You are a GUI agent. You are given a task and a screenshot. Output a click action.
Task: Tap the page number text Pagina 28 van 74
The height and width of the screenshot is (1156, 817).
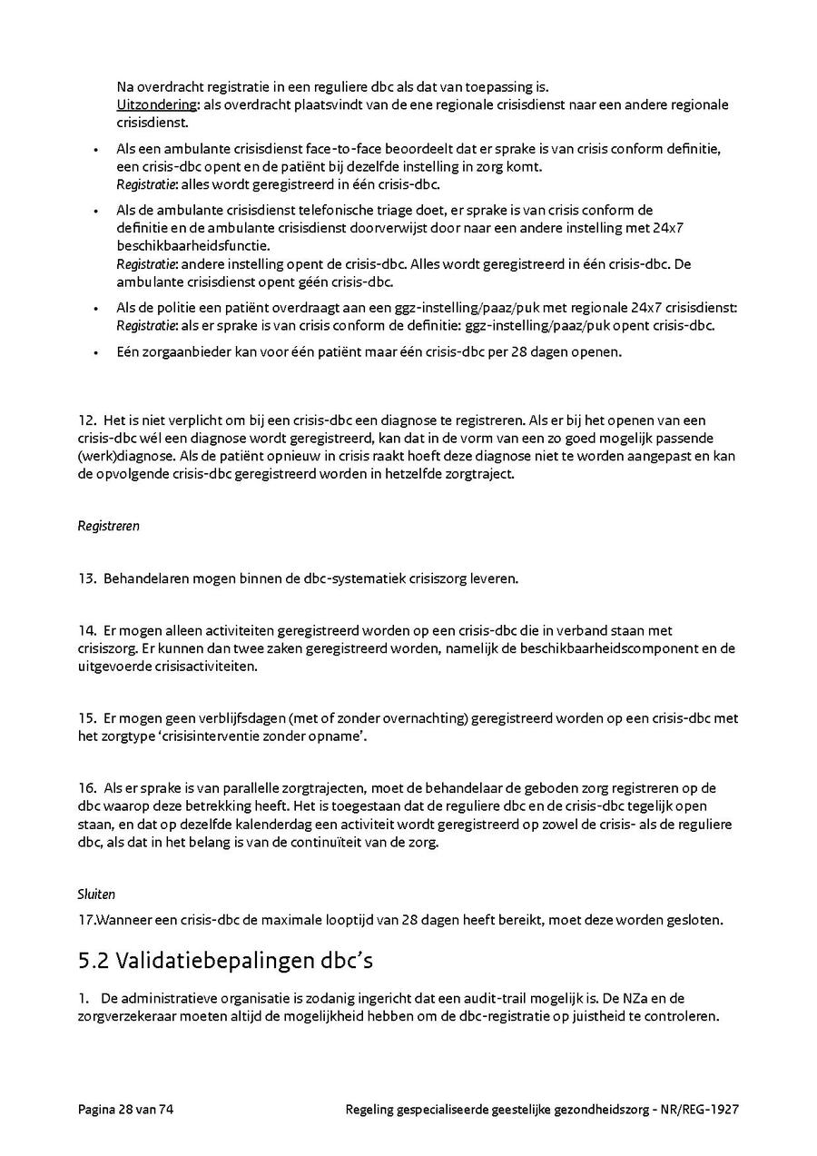pos(125,1109)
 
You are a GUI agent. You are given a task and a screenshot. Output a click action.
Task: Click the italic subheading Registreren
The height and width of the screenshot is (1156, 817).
pos(108,526)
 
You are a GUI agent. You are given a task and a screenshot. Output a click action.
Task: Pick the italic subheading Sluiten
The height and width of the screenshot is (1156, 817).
pos(96,894)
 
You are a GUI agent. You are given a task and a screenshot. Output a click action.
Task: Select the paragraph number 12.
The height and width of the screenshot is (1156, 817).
pos(86,420)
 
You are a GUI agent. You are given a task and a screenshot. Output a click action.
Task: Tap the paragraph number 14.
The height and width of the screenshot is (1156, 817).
pos(86,630)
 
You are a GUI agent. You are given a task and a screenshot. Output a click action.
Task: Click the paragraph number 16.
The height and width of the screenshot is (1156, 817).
pos(86,788)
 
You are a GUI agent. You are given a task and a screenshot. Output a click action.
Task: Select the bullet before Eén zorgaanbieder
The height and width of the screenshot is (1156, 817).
pos(96,352)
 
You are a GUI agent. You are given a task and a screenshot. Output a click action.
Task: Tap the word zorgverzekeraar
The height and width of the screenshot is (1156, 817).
pos(128,1017)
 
